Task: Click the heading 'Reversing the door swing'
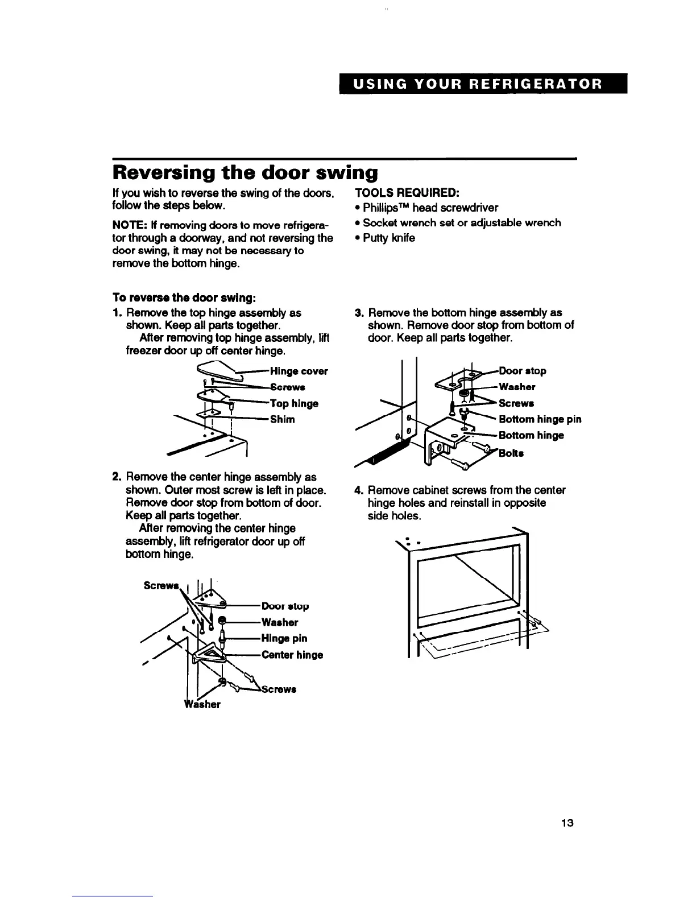point(245,171)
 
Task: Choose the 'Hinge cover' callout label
point(299,371)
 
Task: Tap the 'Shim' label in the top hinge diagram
point(283,419)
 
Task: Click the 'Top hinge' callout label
point(295,403)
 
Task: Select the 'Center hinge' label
point(292,655)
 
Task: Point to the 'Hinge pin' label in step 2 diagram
point(284,638)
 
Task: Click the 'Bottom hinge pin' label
point(540,419)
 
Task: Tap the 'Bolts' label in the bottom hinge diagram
point(511,453)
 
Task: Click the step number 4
point(358,490)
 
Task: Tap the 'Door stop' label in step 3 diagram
point(522,371)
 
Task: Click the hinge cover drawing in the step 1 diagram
point(217,370)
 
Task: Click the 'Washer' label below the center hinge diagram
point(202,704)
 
